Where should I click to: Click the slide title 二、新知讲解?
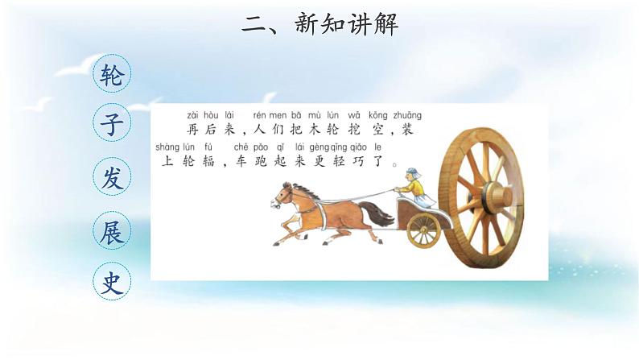tap(319, 24)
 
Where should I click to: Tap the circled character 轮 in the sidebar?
tap(110, 75)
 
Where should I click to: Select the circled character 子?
tap(110, 126)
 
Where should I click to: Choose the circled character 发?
tap(110, 178)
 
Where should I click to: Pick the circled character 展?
tap(110, 229)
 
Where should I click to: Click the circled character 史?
tap(110, 280)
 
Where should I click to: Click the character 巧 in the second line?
tap(360, 162)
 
